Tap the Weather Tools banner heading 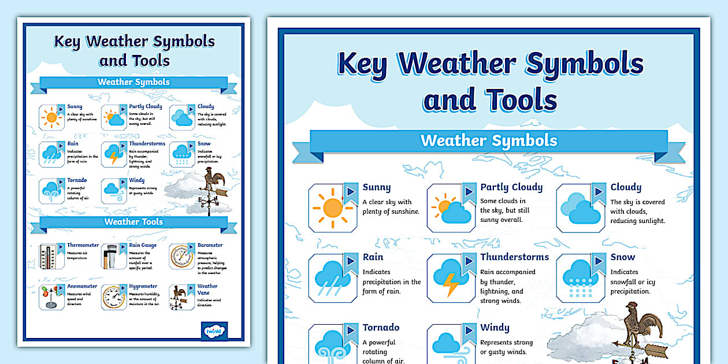(133, 222)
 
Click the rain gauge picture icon (112, 256)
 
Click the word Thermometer (83, 245)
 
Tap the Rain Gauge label (143, 245)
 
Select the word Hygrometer (143, 286)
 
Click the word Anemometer (82, 286)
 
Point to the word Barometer (210, 245)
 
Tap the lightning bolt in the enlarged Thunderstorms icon (450, 285)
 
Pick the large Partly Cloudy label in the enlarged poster (511, 187)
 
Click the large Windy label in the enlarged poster (495, 328)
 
